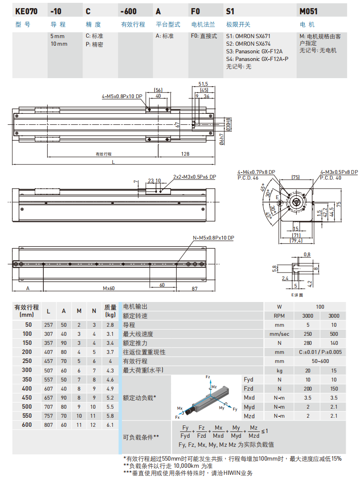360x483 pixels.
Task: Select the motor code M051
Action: [309, 10]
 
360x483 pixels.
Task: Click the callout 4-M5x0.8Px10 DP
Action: [122, 96]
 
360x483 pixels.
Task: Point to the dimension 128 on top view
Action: [185, 154]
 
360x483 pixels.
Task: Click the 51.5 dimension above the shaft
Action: [203, 83]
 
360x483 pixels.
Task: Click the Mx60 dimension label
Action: [109, 288]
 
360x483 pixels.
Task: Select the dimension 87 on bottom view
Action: [195, 288]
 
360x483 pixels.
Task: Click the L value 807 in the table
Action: [49, 424]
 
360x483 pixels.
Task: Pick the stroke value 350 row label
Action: [27, 380]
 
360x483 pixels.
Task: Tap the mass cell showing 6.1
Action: [110, 424]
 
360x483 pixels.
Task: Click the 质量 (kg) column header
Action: [110, 311]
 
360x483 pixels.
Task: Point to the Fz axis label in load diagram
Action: [208, 377]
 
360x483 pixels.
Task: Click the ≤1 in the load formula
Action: [265, 431]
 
